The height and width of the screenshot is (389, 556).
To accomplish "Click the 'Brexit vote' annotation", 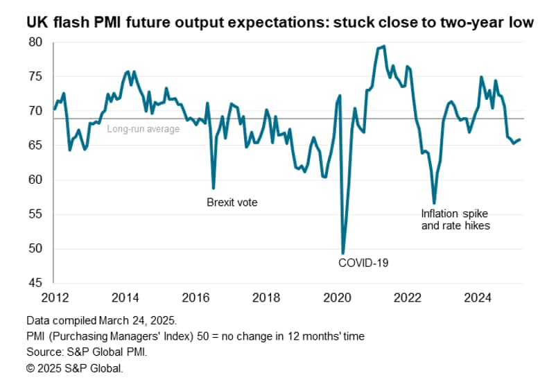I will click(x=232, y=202).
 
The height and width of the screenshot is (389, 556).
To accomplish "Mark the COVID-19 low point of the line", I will click(x=343, y=253).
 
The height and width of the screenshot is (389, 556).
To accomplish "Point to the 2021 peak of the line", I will click(x=384, y=46).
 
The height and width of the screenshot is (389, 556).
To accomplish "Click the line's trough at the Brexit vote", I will click(x=214, y=188).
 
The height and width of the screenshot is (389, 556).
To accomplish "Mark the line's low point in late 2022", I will click(x=434, y=203).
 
